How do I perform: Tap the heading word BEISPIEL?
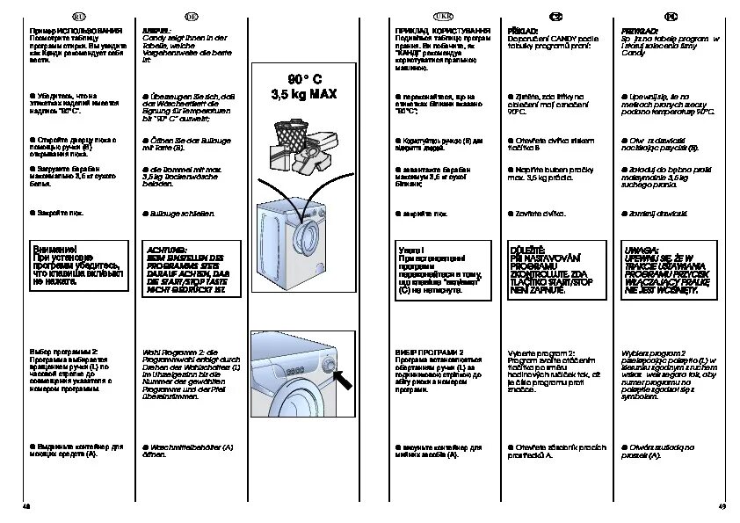(156, 30)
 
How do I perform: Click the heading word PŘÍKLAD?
(522, 30)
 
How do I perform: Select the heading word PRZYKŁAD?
(635, 30)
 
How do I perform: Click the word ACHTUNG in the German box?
(163, 251)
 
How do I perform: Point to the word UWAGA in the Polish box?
(637, 251)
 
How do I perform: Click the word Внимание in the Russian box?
(53, 250)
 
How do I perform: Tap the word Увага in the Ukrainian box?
(411, 251)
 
